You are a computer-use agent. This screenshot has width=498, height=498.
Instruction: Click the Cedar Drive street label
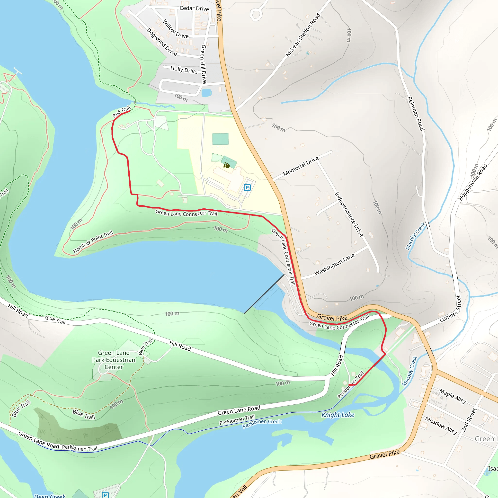click(194, 8)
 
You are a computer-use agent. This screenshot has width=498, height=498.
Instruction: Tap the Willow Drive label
click(176, 29)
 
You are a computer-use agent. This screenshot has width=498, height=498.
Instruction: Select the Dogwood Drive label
click(162, 42)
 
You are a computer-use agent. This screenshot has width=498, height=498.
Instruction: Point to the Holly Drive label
click(184, 70)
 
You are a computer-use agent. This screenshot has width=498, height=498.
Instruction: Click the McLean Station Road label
click(303, 35)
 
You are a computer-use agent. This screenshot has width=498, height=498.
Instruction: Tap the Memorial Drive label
click(301, 167)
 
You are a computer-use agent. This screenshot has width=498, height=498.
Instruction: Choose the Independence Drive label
click(349, 214)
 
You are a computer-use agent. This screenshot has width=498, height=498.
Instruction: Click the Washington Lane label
click(334, 265)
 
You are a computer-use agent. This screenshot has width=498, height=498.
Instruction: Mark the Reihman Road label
click(416, 113)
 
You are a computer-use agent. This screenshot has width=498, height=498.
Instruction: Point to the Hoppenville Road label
click(473, 182)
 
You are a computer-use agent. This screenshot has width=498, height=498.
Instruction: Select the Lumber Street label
click(450, 309)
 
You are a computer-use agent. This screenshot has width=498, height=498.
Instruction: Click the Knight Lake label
click(338, 415)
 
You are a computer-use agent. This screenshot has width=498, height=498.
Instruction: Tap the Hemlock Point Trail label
click(93, 242)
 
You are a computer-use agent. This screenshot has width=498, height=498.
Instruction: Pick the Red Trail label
click(121, 112)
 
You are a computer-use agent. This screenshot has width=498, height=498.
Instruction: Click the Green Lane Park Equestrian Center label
click(114, 360)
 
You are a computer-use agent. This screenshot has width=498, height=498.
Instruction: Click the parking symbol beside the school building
click(247, 187)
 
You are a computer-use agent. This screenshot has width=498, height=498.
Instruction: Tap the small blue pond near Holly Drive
click(206, 93)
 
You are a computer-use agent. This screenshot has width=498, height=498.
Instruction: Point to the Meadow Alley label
click(441, 425)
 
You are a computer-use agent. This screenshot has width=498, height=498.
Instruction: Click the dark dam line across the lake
click(264, 294)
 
